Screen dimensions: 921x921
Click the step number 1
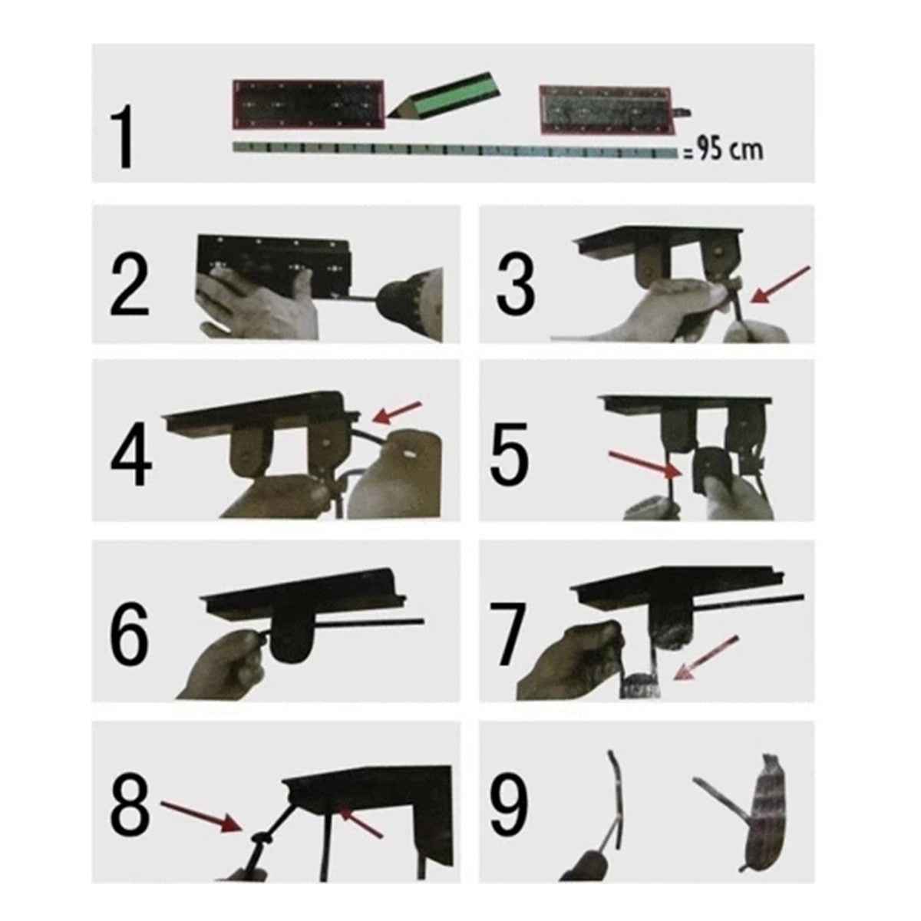(x=123, y=138)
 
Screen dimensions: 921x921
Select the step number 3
(x=516, y=285)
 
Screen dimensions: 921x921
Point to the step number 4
(x=131, y=458)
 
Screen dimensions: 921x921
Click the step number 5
(x=510, y=458)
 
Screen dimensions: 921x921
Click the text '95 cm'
(x=725, y=150)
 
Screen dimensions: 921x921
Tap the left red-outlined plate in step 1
(x=308, y=104)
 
